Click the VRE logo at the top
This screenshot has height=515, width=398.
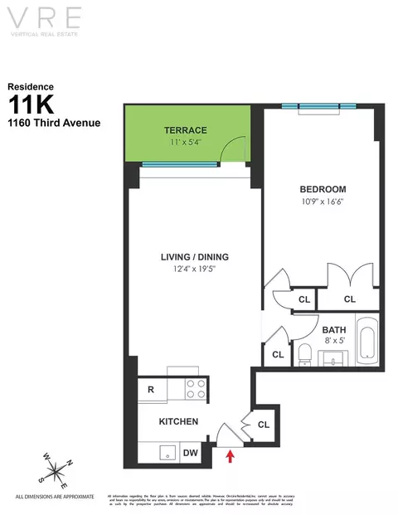click(198, 19)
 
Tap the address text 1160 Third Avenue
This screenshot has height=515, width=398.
click(55, 124)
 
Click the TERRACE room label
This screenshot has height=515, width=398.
click(184, 130)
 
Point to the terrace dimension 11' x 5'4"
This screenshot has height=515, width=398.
click(184, 142)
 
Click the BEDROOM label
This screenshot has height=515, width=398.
click(323, 189)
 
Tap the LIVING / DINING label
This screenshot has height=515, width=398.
click(195, 256)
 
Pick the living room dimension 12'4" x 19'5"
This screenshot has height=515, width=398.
click(195, 269)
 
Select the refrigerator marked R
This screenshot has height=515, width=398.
click(152, 388)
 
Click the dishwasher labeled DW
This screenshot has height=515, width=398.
click(189, 452)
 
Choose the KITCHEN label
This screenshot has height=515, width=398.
click(178, 421)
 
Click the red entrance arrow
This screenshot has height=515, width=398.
click(230, 454)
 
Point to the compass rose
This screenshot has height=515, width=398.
click(56, 473)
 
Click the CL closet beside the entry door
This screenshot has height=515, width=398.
click(263, 425)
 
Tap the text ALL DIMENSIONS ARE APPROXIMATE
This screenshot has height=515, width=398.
click(56, 497)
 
